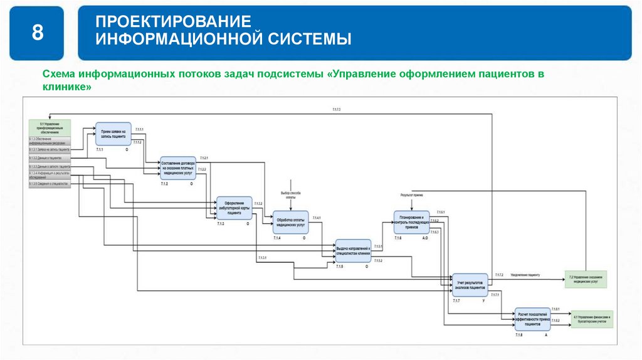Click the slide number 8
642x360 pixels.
pyautogui.click(x=38, y=33)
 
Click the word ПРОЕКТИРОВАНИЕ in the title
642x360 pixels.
pyautogui.click(x=173, y=22)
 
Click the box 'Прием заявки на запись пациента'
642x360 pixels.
pyautogui.click(x=113, y=134)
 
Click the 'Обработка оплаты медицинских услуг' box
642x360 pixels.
pyautogui.click(x=290, y=222)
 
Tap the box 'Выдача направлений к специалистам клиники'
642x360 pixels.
pyautogui.click(x=354, y=251)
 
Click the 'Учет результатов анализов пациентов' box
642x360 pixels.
pyautogui.click(x=470, y=285)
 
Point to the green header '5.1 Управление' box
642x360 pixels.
pyautogui.click(x=50, y=127)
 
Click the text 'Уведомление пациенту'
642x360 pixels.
pyautogui.click(x=525, y=275)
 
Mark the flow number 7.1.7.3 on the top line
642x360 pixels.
pyautogui.click(x=336, y=110)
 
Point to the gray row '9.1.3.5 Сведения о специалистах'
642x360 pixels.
pyautogui.click(x=50, y=184)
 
